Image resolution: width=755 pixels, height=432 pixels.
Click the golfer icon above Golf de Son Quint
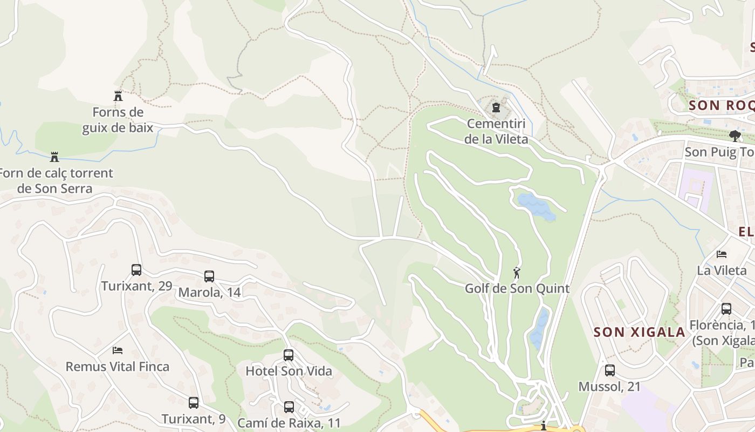(x=517, y=273)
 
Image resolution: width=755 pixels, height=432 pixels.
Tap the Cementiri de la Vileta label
(x=496, y=131)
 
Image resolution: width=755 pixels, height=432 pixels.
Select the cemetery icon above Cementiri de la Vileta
(x=496, y=107)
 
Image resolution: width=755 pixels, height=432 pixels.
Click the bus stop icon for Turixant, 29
(x=136, y=270)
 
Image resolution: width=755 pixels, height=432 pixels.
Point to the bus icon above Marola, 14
(x=209, y=276)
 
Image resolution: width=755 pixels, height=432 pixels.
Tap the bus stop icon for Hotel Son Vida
(x=289, y=355)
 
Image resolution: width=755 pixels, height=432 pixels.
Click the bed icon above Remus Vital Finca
(x=118, y=350)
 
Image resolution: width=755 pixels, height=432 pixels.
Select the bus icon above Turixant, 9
(x=194, y=403)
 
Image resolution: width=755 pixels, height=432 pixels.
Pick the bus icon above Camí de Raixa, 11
(x=289, y=407)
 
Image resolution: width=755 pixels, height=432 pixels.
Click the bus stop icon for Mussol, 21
(x=610, y=370)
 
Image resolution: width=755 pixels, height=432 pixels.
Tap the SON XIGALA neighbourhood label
(x=640, y=332)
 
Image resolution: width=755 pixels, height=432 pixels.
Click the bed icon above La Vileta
(x=722, y=254)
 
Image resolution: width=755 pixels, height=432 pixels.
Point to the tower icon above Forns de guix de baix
(x=118, y=96)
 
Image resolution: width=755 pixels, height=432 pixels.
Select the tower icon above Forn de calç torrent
(x=54, y=157)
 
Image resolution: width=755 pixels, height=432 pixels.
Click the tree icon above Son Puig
(x=734, y=135)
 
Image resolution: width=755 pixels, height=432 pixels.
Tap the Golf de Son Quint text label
(x=517, y=288)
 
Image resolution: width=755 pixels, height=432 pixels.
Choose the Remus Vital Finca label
(x=117, y=367)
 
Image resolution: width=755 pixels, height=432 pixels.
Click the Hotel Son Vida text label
(x=289, y=372)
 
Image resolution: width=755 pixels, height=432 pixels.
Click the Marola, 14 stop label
(x=209, y=293)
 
